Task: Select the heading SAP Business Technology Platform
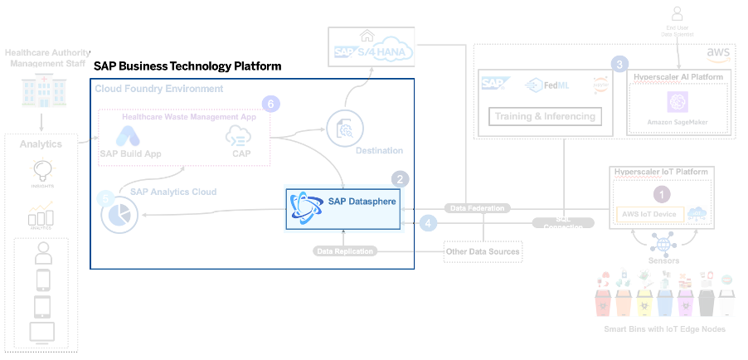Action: point(187,66)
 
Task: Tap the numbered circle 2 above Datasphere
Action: point(401,178)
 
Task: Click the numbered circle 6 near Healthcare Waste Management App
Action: point(269,104)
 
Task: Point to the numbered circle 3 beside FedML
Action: point(619,64)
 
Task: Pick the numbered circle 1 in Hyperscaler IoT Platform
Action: point(661,194)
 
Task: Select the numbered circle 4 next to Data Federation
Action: point(428,222)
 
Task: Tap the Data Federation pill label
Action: point(477,208)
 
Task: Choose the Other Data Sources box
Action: point(483,251)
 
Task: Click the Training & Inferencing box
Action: point(545,116)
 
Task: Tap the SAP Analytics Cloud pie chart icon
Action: point(119,214)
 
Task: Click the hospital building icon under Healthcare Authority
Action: point(40,91)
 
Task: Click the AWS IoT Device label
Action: point(648,215)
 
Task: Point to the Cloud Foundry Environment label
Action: point(159,89)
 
